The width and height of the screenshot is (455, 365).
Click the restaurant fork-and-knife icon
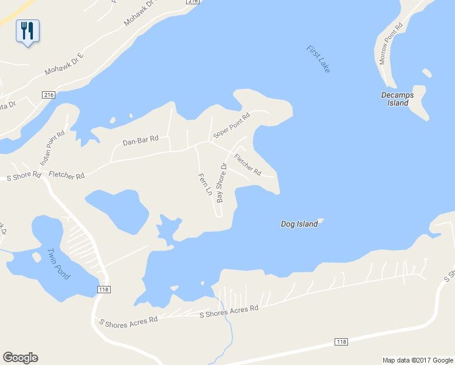tap(27, 30)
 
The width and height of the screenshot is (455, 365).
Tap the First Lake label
tap(318, 59)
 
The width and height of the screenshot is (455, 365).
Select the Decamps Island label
tap(397, 99)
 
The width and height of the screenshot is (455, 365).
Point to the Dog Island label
tap(299, 224)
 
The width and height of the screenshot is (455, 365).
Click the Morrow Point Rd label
tap(391, 44)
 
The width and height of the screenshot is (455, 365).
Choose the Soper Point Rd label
tap(231, 125)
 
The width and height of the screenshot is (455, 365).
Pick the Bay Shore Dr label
tap(221, 183)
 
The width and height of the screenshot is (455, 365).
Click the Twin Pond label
tap(58, 264)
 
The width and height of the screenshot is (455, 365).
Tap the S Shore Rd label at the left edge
tap(24, 176)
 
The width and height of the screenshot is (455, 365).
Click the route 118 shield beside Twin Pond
tap(103, 290)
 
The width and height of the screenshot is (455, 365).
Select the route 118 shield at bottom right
tap(341, 342)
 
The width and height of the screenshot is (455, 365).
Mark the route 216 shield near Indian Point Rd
tap(49, 95)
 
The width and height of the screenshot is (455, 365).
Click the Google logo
tap(20, 358)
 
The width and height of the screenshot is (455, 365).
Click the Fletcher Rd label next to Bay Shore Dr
tap(248, 164)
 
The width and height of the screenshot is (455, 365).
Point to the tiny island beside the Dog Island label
tap(321, 221)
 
